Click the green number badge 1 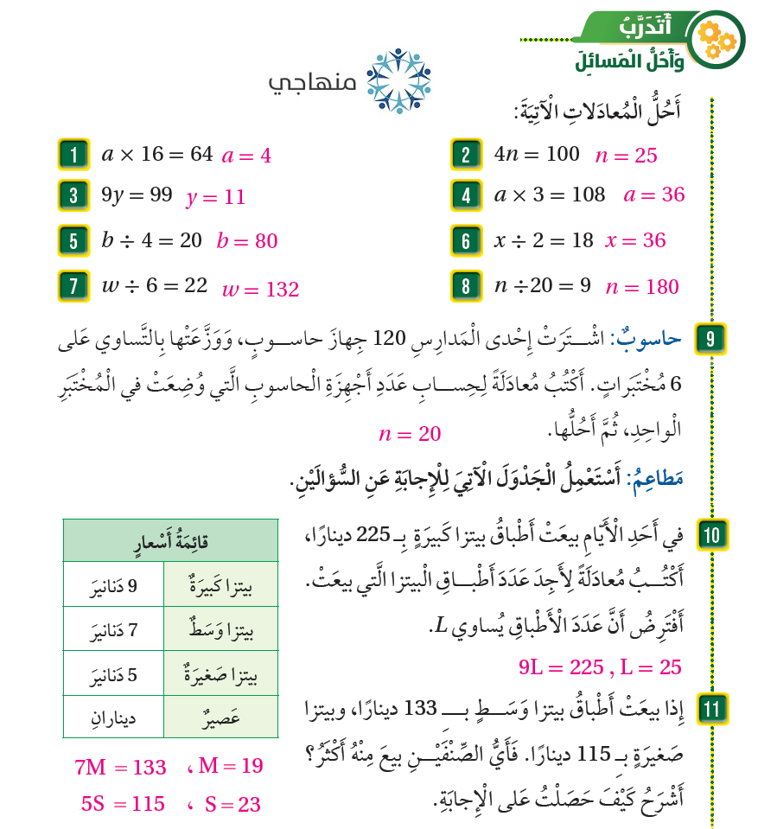(73, 156)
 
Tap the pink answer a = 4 (246, 156)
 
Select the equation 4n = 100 (537, 155)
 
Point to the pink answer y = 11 (216, 197)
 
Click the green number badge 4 (466, 195)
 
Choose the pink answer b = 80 (247, 241)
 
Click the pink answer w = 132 (260, 290)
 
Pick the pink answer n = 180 (642, 287)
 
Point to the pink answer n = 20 (410, 434)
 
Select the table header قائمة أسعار (171, 541)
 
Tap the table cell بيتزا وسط (221, 630)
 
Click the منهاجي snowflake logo (398, 81)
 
